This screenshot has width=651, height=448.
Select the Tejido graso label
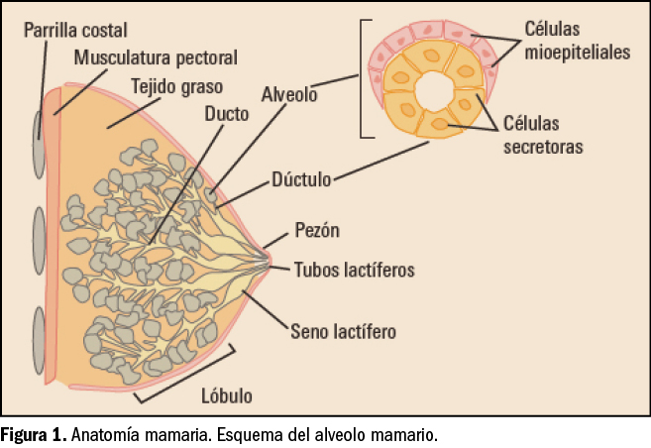pyautogui.click(x=177, y=86)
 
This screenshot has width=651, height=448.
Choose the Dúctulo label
pyautogui.click(x=301, y=181)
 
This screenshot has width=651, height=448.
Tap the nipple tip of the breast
pyautogui.click(x=271, y=261)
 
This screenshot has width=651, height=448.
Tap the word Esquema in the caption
pyautogui.click(x=273, y=435)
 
